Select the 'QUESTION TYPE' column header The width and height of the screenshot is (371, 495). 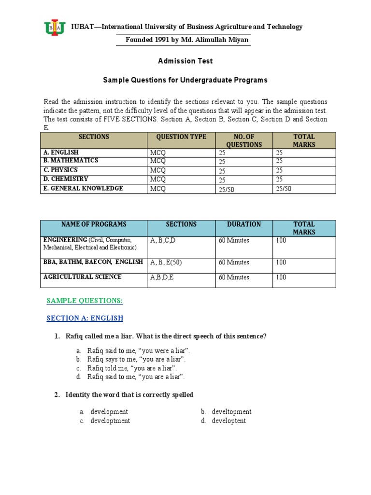(181, 137)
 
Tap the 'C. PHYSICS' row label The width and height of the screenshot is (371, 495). (60, 170)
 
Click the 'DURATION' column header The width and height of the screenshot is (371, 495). (244, 224)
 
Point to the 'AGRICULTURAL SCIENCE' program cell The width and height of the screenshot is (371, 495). (83, 277)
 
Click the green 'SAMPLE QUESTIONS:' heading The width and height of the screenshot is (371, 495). (85, 301)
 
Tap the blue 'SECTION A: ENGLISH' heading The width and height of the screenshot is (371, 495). (85, 318)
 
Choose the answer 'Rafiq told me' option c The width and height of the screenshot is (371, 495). (132, 368)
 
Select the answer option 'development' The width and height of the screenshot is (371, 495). (109, 411)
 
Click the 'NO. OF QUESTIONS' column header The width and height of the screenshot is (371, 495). (244, 141)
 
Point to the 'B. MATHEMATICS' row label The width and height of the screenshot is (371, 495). (71, 160)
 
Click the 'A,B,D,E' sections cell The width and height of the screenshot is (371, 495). (164, 277)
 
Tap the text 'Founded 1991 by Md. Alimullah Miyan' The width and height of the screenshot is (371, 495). (187, 40)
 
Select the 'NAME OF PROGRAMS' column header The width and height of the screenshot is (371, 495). (94, 224)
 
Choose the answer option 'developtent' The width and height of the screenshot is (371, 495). (229, 421)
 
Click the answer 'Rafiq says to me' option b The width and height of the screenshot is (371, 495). (136, 359)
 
